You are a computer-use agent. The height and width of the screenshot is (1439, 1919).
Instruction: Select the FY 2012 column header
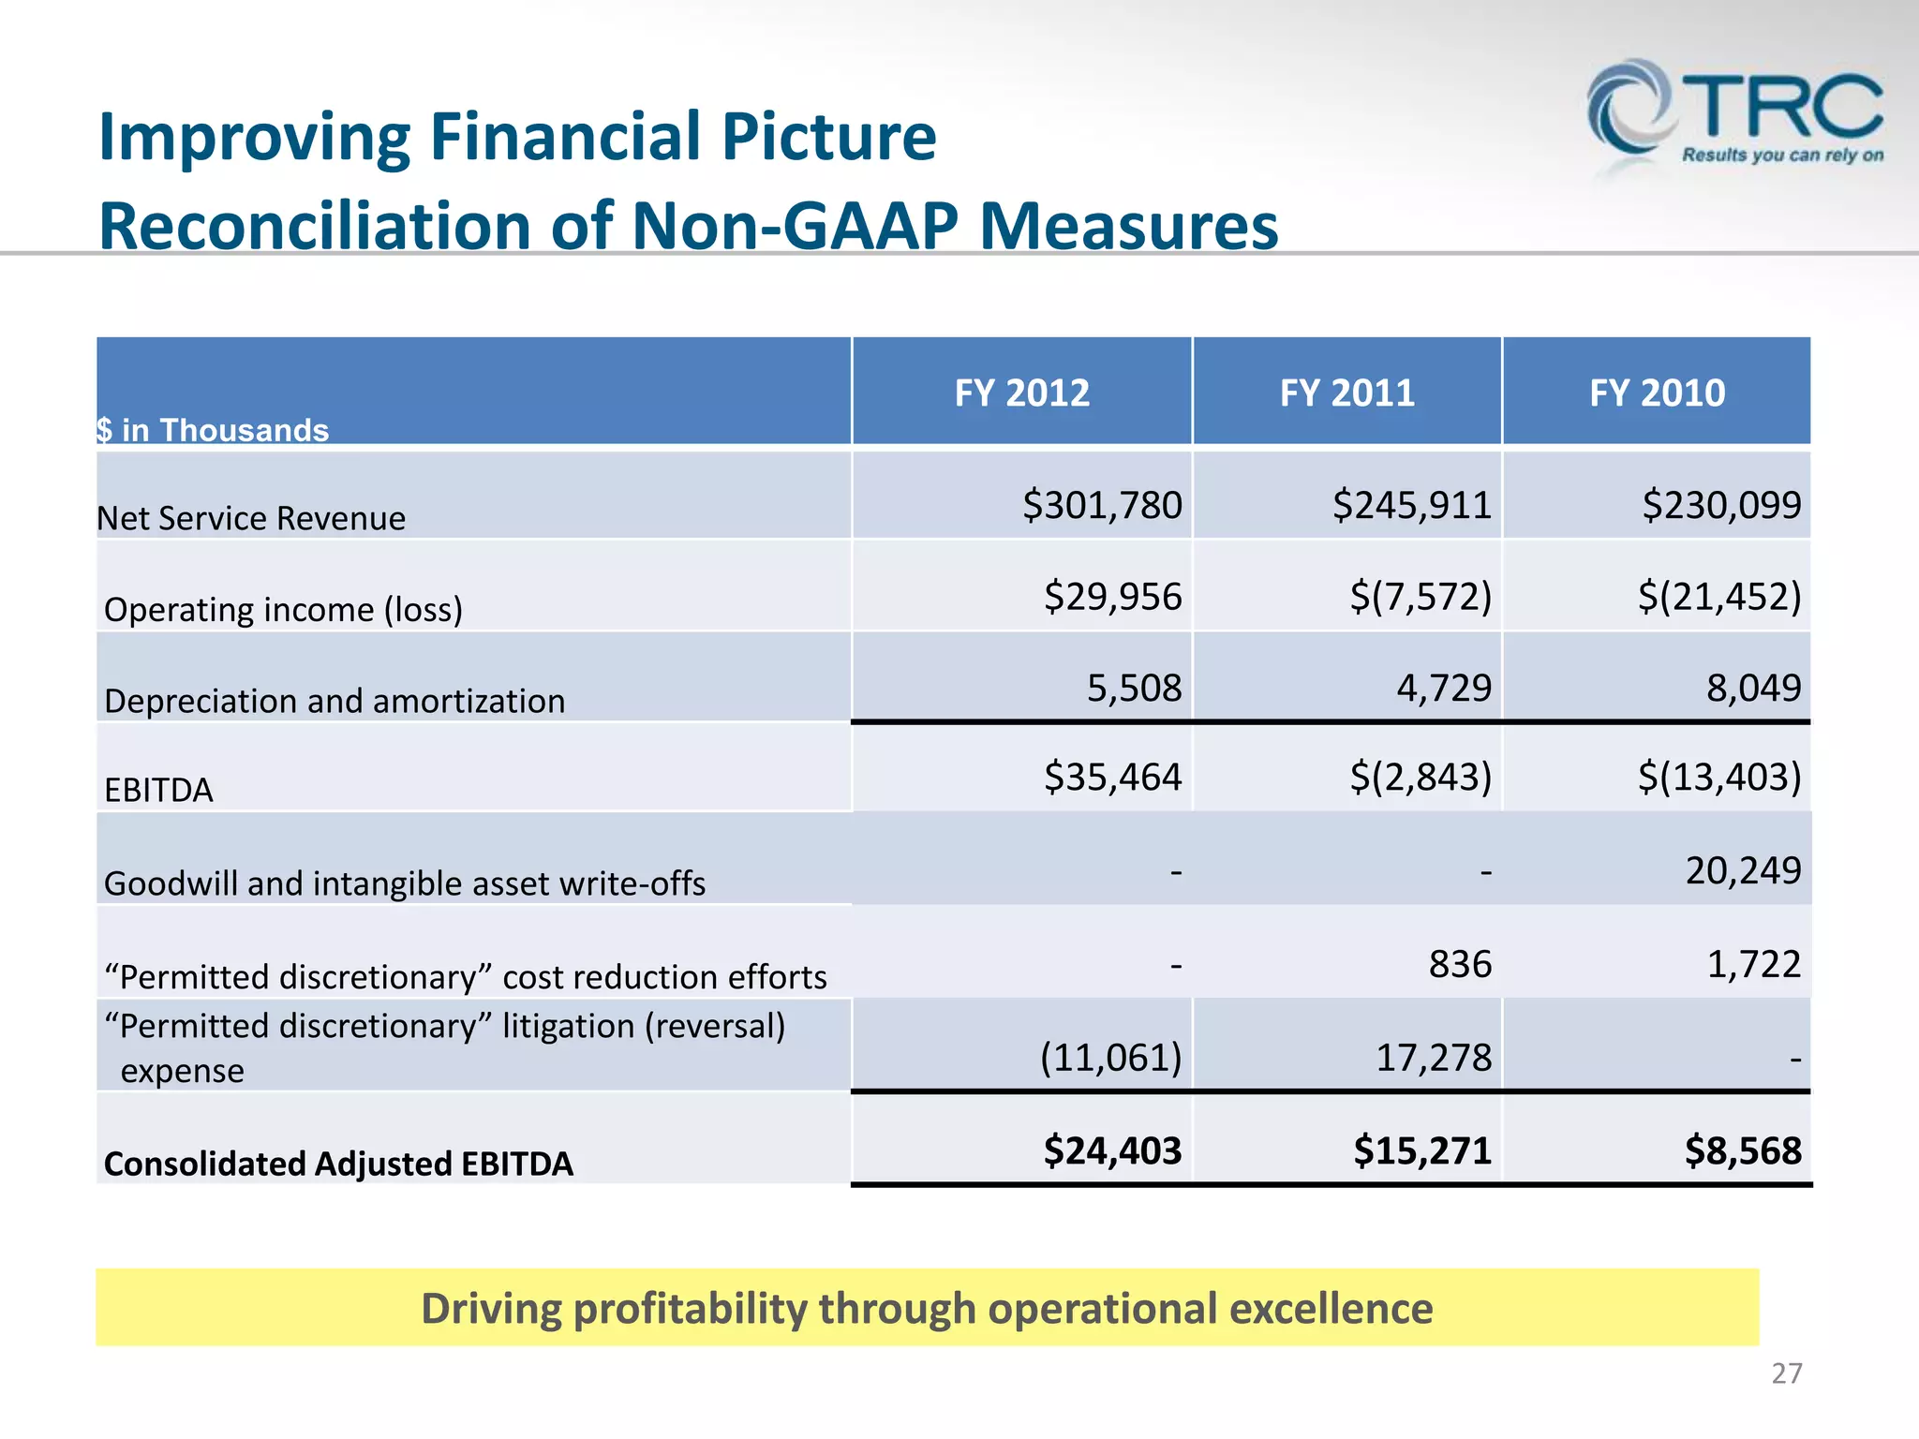tap(1021, 393)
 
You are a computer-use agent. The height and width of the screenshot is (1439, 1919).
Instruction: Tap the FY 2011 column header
tap(1346, 393)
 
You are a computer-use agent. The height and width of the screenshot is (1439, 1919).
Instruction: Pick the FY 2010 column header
tap(1657, 393)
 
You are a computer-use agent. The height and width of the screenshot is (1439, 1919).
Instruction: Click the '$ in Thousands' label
tap(213, 430)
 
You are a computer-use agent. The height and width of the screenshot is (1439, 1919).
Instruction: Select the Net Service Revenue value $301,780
tap(1102, 505)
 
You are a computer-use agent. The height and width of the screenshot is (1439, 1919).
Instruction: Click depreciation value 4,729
tap(1443, 688)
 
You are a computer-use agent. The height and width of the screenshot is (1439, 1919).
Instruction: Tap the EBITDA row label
tap(158, 790)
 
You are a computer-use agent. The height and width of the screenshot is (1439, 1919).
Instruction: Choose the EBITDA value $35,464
tap(1112, 777)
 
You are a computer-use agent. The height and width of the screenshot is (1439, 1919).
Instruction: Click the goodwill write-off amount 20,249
tap(1743, 870)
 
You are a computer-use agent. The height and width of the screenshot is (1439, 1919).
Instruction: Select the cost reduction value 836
tap(1460, 964)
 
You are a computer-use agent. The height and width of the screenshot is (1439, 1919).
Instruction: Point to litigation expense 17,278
tap(1434, 1058)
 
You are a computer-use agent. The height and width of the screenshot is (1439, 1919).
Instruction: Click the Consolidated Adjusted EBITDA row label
tap(338, 1164)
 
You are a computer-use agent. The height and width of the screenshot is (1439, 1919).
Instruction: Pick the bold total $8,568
tap(1743, 1150)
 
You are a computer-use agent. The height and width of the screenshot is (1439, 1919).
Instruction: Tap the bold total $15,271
tap(1421, 1150)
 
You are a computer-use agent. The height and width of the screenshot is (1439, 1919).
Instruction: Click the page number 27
tap(1786, 1373)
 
